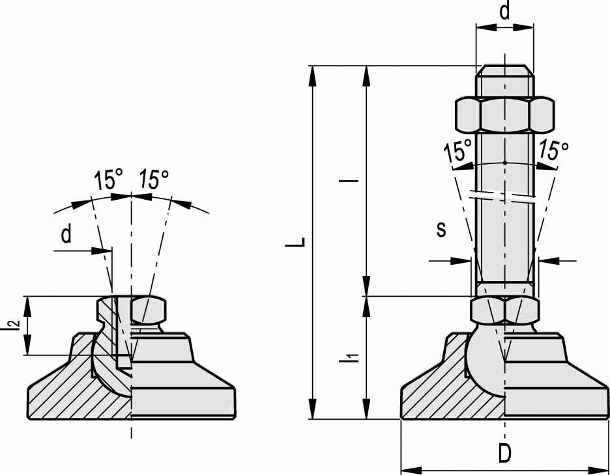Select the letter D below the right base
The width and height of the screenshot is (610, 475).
point(505,453)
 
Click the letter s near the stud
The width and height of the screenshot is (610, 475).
point(441,229)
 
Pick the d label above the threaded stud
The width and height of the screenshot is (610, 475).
point(504,12)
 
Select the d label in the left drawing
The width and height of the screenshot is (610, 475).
point(66,234)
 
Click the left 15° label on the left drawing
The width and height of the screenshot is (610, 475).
point(108,180)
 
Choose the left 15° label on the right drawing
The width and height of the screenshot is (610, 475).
point(457,152)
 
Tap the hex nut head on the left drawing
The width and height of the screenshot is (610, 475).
point(149,310)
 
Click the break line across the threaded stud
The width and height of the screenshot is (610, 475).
point(504,197)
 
